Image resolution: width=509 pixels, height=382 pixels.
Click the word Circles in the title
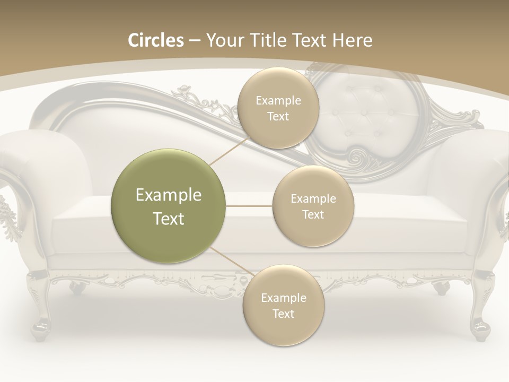pyautogui.click(x=156, y=40)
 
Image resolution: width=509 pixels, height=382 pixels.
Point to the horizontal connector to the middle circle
pyautogui.click(x=249, y=206)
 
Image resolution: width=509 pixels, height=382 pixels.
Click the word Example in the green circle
pyautogui.click(x=169, y=195)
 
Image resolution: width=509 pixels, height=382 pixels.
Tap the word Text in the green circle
pyautogui.click(x=169, y=219)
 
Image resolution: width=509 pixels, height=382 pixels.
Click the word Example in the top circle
pyautogui.click(x=278, y=101)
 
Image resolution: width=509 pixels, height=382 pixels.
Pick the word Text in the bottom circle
pyautogui.click(x=283, y=314)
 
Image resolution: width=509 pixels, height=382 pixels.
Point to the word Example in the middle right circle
pyautogui.click(x=313, y=199)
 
